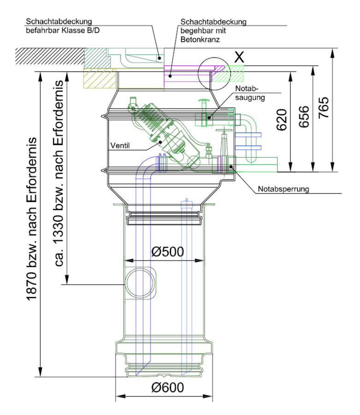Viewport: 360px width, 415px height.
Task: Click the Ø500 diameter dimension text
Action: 167,251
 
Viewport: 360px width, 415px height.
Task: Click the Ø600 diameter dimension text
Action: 167,387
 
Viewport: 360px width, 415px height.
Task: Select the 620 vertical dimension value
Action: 282,120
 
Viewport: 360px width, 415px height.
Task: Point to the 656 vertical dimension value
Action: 304,117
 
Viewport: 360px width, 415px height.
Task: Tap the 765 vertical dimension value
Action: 324,108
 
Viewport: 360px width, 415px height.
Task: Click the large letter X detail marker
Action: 239,57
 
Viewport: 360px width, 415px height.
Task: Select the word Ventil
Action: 120,146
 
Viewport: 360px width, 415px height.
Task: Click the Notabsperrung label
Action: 283,189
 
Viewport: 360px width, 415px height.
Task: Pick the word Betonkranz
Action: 200,40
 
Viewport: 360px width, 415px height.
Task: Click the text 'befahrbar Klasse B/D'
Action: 63,30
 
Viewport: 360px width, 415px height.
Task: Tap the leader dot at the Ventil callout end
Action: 160,142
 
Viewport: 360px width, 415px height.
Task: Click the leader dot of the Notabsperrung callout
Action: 231,167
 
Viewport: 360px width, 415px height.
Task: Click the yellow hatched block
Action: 100,78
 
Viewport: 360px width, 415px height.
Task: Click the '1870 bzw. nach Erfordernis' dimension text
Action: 31,219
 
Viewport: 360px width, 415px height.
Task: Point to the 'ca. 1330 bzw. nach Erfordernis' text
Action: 58,173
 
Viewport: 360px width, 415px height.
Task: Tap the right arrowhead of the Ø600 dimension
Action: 208,396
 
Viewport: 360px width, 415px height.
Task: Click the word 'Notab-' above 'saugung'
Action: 247,89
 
